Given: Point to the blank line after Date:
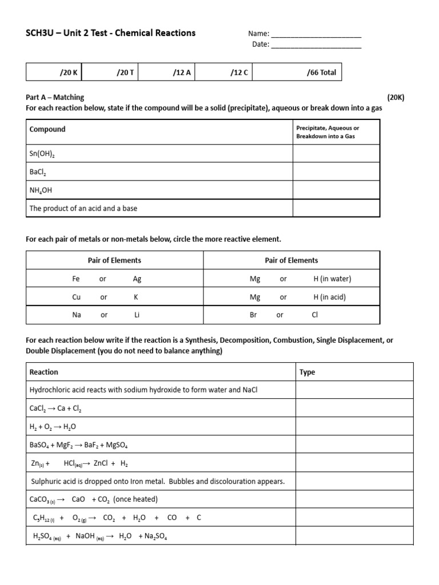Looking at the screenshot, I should (x=316, y=45).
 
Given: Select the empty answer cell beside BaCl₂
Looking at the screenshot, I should (x=336, y=171).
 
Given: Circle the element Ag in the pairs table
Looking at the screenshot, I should (x=137, y=279).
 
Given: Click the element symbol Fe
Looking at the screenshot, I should (x=76, y=279).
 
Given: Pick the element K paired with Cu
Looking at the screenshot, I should (x=136, y=297).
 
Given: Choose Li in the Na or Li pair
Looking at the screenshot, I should (x=137, y=315).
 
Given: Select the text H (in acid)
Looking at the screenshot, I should (x=329, y=297).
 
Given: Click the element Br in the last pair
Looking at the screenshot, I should (x=253, y=315).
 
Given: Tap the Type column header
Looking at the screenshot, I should (x=308, y=372).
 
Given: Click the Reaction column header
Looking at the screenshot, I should (x=44, y=372).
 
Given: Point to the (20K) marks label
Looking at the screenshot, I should (x=396, y=97).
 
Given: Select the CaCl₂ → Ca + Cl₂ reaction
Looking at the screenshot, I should (x=59, y=408).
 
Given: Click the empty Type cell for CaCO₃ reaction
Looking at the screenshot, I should (x=354, y=499).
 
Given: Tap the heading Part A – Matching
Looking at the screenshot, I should (x=55, y=97).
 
